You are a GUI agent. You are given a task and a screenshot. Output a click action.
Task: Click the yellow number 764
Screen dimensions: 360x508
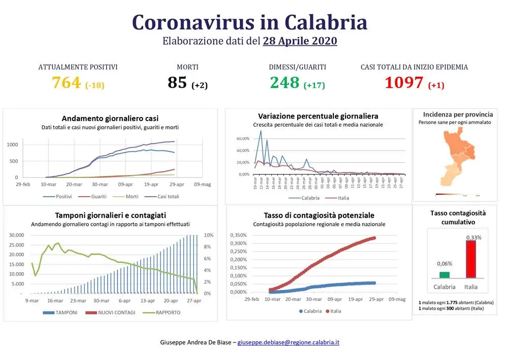(x=67, y=82)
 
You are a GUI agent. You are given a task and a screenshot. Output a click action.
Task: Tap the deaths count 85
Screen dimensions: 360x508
(x=177, y=82)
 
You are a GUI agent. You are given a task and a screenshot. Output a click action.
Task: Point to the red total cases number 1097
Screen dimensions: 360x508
(x=403, y=82)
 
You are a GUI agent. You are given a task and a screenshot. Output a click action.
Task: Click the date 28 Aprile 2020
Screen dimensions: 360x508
(x=300, y=41)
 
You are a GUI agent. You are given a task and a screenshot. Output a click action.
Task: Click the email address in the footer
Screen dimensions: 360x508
(x=288, y=342)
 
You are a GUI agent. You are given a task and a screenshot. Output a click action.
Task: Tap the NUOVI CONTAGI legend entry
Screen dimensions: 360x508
(x=113, y=312)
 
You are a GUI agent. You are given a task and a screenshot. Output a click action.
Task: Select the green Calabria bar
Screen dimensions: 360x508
(x=444, y=275)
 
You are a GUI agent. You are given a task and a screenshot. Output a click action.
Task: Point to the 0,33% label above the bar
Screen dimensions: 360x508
(x=473, y=237)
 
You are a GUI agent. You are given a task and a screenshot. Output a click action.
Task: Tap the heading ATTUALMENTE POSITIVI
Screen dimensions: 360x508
(x=78, y=67)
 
